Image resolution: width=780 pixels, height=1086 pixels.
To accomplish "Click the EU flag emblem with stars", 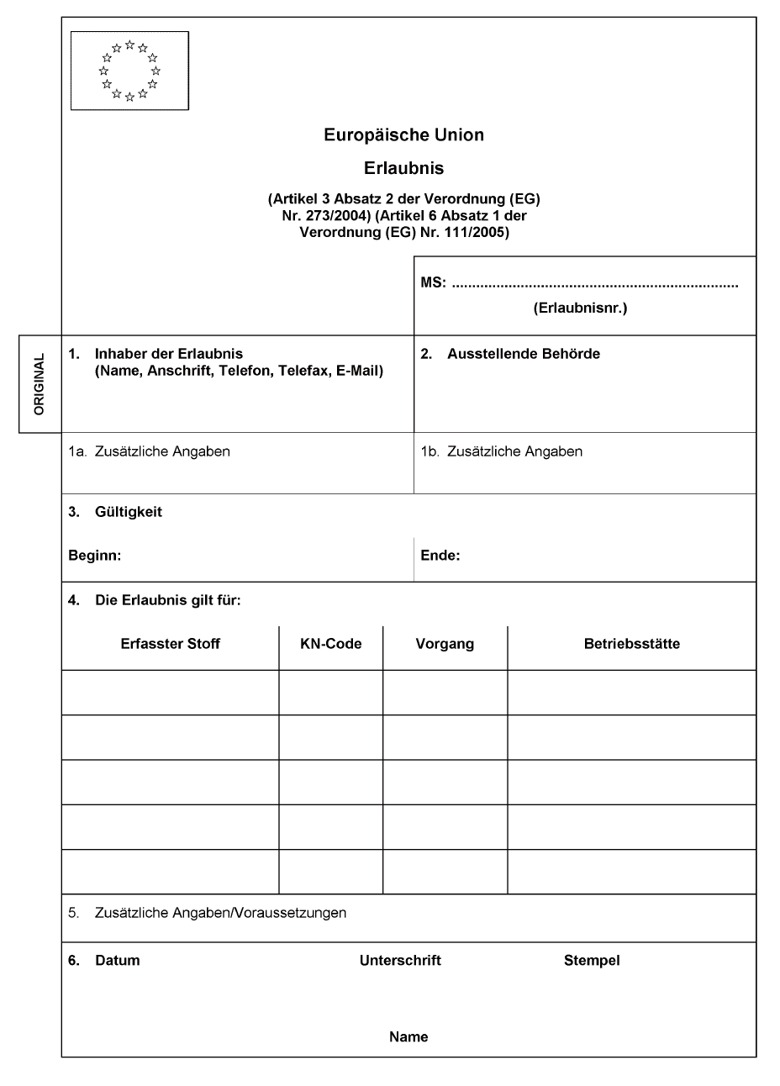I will pyautogui.click(x=129, y=71).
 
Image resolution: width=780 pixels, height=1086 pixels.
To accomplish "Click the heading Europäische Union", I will pyautogui.click(x=403, y=134).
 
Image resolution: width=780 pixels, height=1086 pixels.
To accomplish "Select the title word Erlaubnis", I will pyautogui.click(x=403, y=168).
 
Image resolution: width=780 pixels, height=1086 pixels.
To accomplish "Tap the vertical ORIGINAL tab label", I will pyautogui.click(x=40, y=384).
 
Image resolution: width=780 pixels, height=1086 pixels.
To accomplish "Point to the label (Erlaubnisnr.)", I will pyautogui.click(x=580, y=308).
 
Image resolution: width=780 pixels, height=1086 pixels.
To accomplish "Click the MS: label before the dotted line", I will pyautogui.click(x=433, y=284).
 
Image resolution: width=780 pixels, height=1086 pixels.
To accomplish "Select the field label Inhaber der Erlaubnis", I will pyautogui.click(x=168, y=354).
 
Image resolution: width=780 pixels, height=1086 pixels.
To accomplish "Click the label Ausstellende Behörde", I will pyautogui.click(x=523, y=354).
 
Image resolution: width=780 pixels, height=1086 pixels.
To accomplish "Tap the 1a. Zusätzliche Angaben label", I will pyautogui.click(x=150, y=451).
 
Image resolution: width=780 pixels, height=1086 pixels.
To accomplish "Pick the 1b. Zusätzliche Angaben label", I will pyautogui.click(x=502, y=451).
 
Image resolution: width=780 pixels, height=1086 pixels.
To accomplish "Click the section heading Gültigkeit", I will pyautogui.click(x=129, y=512).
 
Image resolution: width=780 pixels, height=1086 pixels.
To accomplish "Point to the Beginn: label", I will pyautogui.click(x=95, y=556).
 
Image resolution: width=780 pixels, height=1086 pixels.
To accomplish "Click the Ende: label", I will pyautogui.click(x=440, y=556).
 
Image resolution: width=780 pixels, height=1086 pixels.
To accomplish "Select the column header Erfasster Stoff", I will pyautogui.click(x=171, y=644).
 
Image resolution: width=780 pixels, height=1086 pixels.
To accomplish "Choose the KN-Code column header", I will pyautogui.click(x=331, y=644).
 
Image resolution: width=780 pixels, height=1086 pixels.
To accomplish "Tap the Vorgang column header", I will pyautogui.click(x=445, y=644).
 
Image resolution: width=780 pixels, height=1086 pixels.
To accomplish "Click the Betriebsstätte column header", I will pyautogui.click(x=632, y=644).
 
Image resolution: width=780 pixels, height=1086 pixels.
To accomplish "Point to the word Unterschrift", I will pyautogui.click(x=400, y=960).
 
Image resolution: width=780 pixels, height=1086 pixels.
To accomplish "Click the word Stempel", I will pyautogui.click(x=592, y=960).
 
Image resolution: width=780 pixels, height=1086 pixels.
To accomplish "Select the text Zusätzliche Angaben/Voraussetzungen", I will pyautogui.click(x=221, y=913).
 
